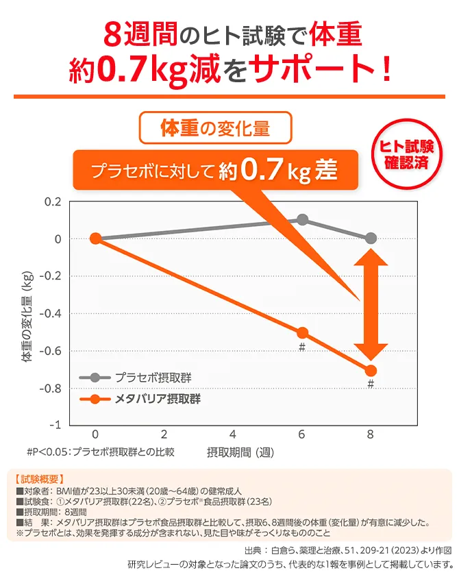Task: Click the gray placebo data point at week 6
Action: pos(302,220)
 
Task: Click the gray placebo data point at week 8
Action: pos(371,238)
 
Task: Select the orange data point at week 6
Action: pos(302,333)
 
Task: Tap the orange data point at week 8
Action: pos(371,371)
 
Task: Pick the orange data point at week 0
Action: pos(96,238)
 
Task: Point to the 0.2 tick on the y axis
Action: pos(52,201)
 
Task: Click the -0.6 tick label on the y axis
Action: pos(51,351)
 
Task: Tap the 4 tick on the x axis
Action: pos(233,434)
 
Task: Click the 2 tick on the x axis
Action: pos(164,434)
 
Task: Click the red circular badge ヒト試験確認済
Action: pos(410,155)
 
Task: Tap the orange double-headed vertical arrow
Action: pos(371,304)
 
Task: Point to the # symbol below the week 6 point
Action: pos(301,347)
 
